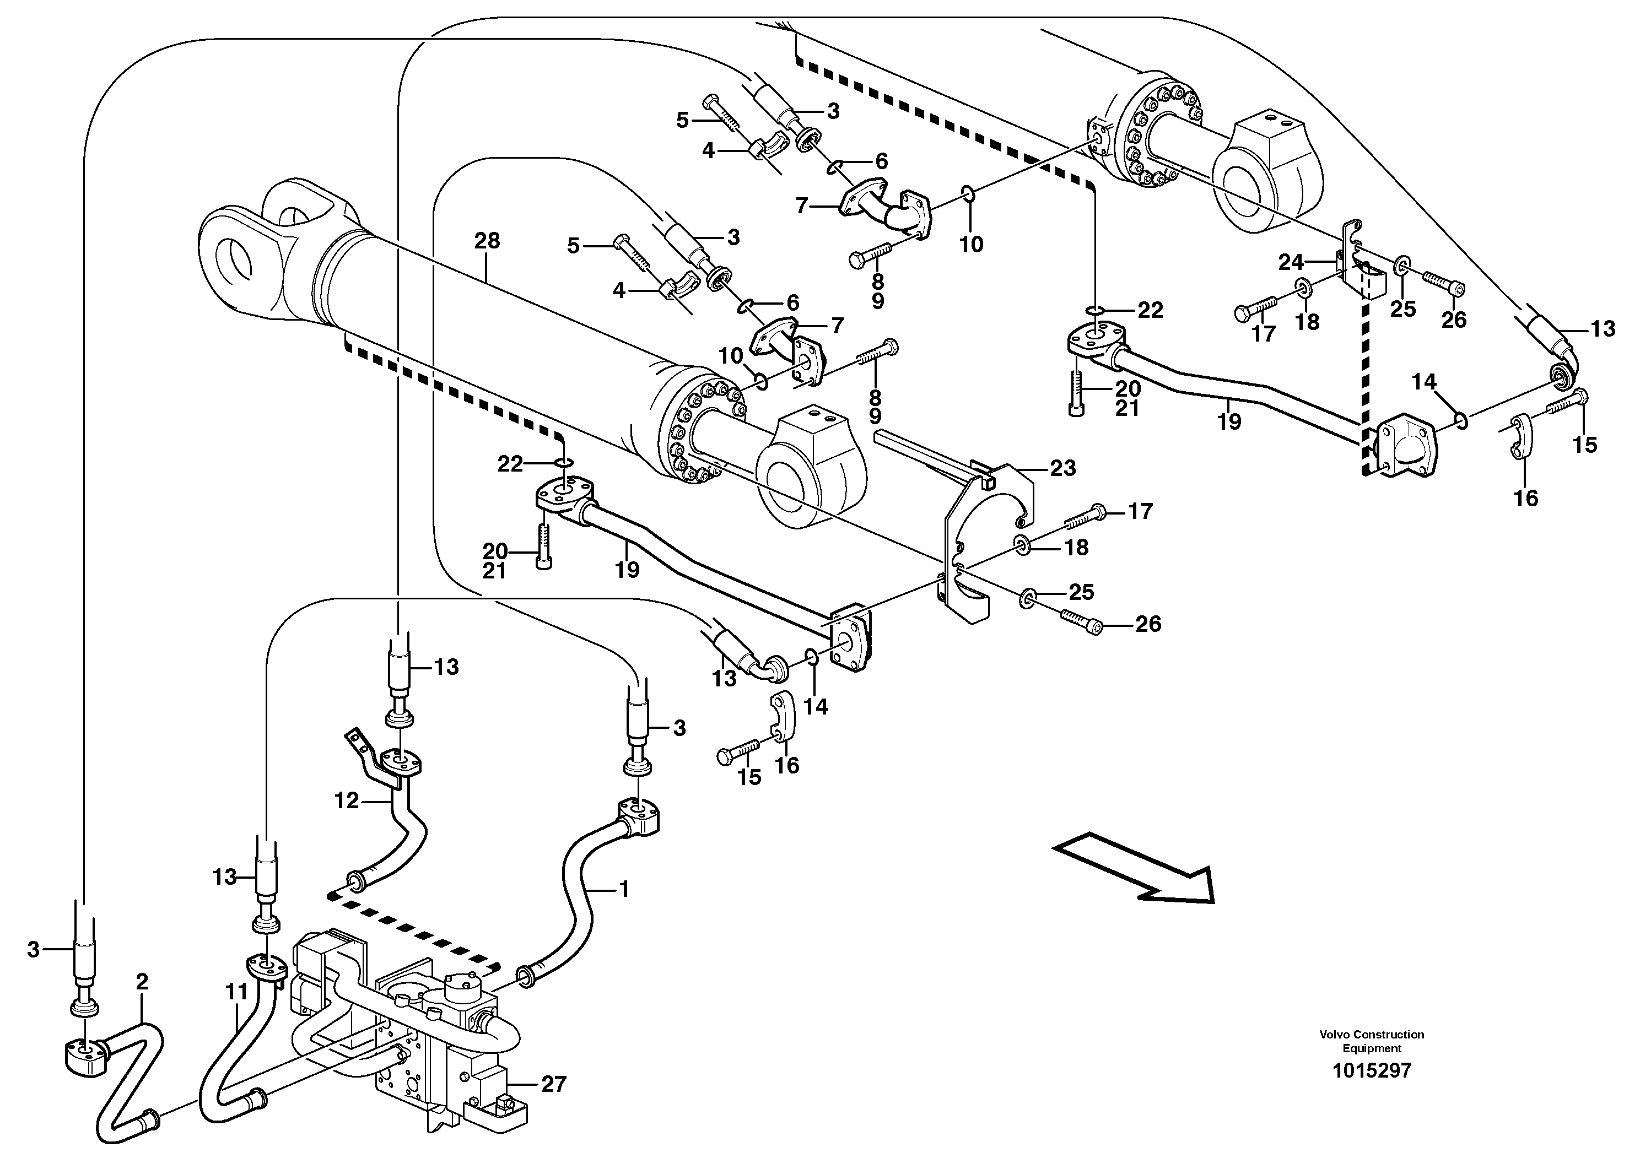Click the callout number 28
(x=487, y=241)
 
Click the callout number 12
(x=347, y=801)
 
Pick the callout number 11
(x=236, y=992)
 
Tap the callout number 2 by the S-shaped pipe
(x=142, y=982)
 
